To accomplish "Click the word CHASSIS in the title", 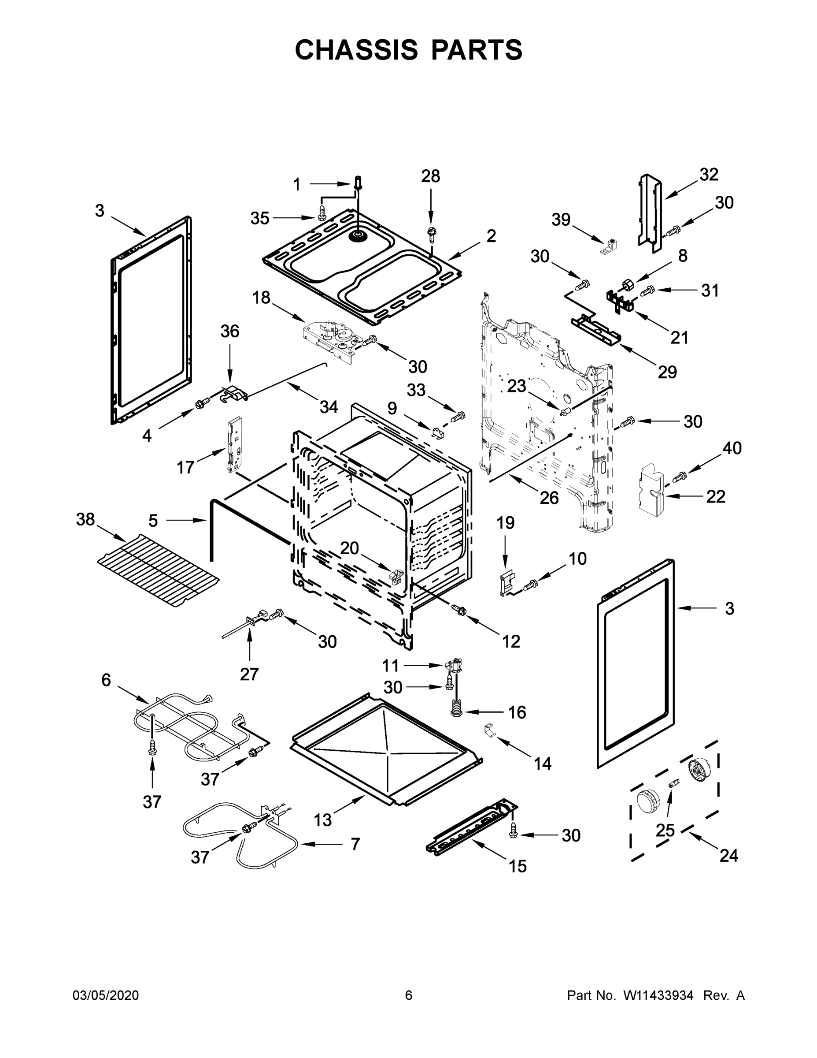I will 356,50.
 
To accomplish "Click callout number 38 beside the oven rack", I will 86,519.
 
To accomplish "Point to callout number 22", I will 715,496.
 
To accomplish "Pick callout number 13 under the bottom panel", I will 322,820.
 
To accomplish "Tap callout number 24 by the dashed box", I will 728,856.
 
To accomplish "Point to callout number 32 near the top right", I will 709,175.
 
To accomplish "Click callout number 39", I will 561,220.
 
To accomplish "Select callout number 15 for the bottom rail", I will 518,866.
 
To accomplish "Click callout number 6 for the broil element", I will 106,680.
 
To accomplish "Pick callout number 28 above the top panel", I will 430,176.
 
